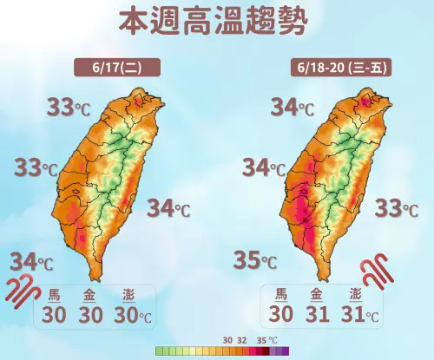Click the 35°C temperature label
(256, 259)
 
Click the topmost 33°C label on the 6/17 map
(67, 108)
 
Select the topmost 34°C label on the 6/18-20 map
(292, 108)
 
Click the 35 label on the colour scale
(262, 340)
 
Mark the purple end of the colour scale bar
(283, 351)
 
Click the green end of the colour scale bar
(159, 351)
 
